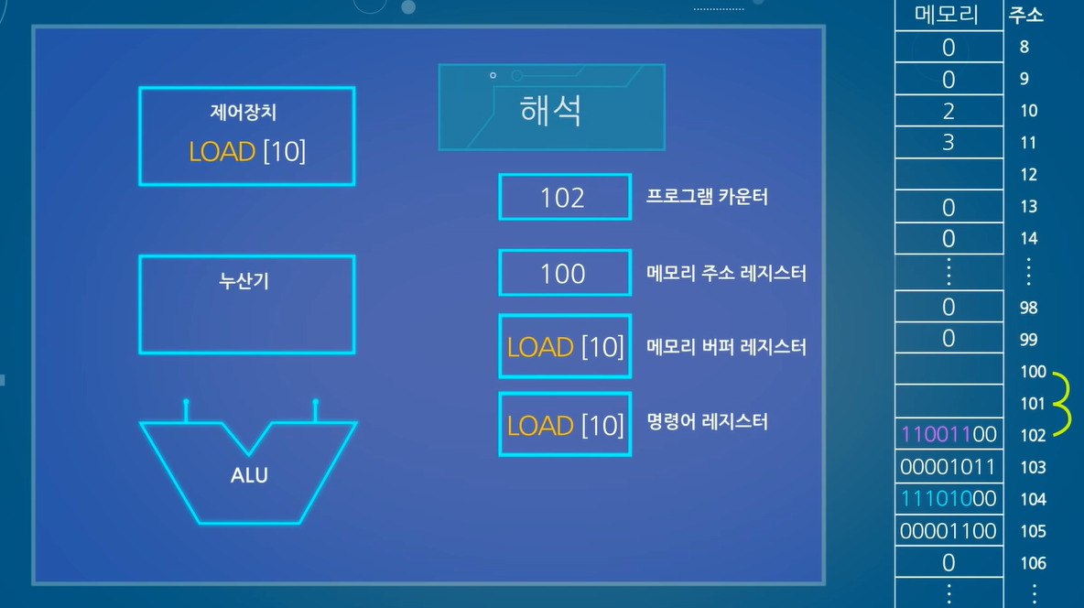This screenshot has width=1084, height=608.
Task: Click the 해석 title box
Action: click(551, 107)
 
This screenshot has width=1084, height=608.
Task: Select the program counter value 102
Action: click(563, 198)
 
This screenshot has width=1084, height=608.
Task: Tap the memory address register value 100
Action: click(563, 273)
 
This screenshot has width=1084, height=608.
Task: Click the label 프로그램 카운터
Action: click(707, 198)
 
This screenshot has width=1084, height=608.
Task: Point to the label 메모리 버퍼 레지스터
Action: click(726, 347)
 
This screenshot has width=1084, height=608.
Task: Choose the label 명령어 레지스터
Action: click(707, 422)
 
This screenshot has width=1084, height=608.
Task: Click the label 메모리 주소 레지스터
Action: click(726, 273)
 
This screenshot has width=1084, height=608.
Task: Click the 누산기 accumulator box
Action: click(246, 305)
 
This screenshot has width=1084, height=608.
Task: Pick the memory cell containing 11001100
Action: click(948, 434)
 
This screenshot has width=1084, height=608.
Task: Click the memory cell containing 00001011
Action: click(948, 467)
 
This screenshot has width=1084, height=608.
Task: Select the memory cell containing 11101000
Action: click(948, 499)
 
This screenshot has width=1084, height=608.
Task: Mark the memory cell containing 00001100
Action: click(948, 531)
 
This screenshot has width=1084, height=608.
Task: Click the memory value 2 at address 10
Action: click(948, 111)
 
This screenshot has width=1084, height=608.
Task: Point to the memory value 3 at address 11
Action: click(948, 143)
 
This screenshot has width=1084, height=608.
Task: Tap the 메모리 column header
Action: click(948, 15)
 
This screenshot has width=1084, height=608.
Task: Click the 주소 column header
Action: click(1025, 15)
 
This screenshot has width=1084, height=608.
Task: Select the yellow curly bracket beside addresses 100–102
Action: click(1064, 403)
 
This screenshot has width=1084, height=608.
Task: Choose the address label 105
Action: click(1033, 531)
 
